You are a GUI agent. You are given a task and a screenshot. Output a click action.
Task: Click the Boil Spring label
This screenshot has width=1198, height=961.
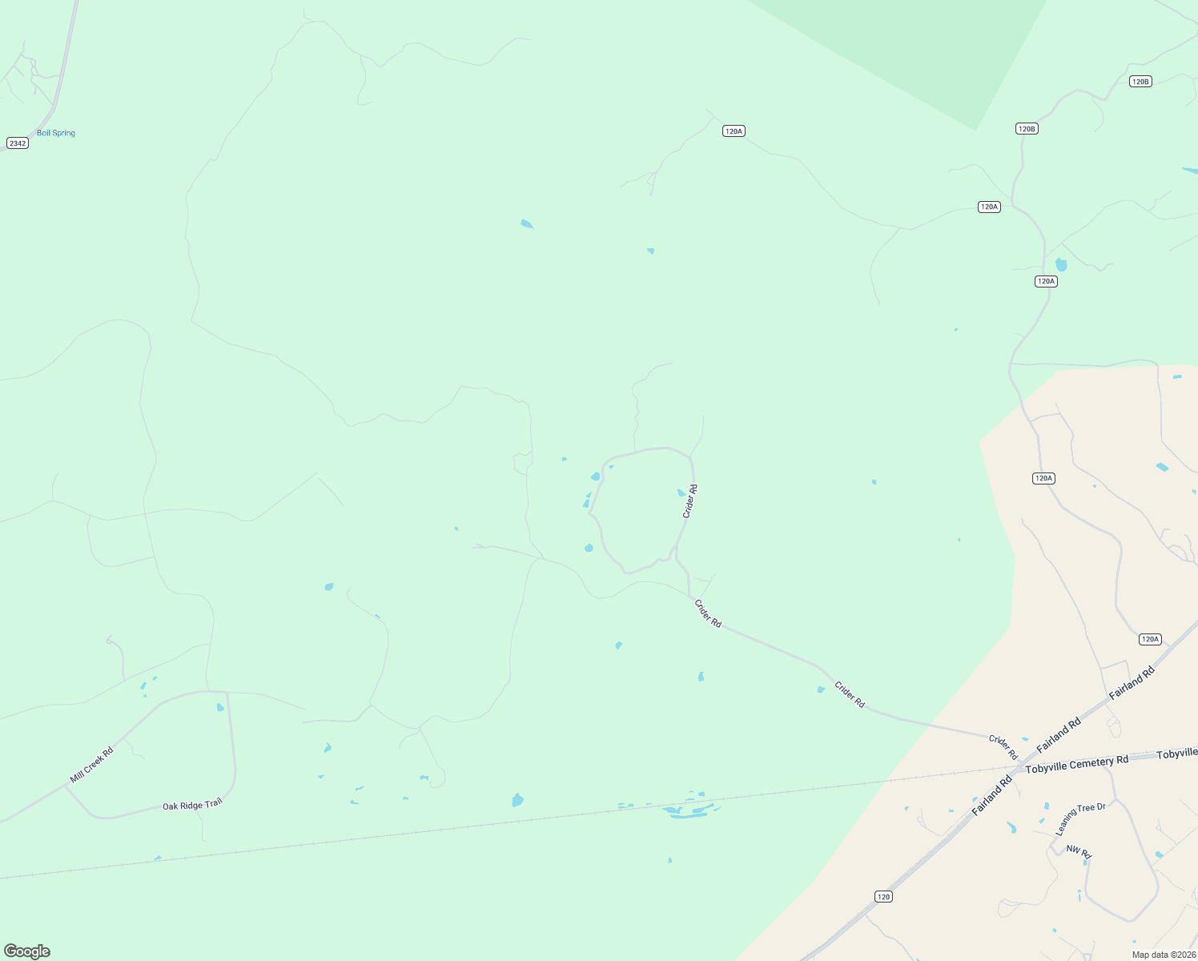(x=56, y=133)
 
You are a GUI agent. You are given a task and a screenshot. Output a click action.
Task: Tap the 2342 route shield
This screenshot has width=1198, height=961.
(x=18, y=143)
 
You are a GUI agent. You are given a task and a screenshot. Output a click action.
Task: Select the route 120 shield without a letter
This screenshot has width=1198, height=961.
(x=883, y=896)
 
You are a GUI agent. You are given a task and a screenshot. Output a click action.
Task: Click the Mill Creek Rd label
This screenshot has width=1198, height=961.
(x=91, y=765)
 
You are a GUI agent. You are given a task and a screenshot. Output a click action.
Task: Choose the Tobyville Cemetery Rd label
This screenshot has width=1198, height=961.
(x=1076, y=764)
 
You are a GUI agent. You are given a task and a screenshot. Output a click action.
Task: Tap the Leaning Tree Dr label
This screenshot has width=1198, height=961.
(x=1080, y=818)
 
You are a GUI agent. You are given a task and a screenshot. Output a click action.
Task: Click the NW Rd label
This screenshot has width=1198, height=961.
(x=1079, y=852)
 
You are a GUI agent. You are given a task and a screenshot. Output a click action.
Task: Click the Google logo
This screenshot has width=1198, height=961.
(x=27, y=951)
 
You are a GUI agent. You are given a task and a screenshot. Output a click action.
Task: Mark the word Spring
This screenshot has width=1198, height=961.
(x=63, y=133)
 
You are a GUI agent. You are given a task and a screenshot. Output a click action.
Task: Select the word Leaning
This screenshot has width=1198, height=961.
(x=1067, y=824)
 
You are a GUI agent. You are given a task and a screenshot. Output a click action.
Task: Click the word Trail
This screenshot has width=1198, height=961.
(x=212, y=802)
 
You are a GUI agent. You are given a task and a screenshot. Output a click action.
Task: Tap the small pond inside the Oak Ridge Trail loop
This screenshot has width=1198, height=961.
(x=220, y=707)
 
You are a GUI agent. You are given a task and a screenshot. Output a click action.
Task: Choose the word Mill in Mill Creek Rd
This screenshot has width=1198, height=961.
(x=76, y=776)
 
